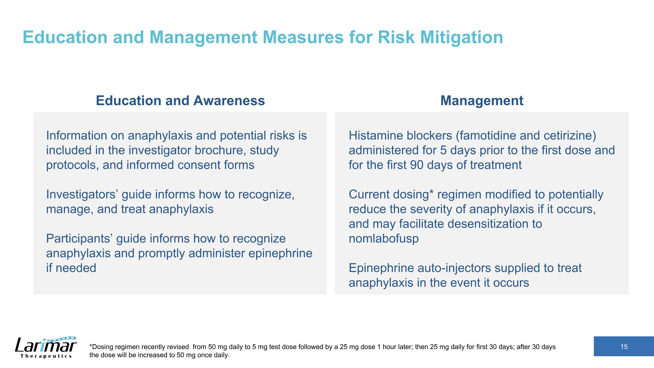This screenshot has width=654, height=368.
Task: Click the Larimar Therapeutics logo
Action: click(x=46, y=347)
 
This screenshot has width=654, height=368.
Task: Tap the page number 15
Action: click(x=624, y=347)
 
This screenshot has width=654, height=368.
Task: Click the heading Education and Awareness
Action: click(x=180, y=101)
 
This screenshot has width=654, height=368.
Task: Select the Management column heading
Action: click(x=482, y=101)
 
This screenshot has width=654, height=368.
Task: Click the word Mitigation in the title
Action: click(x=461, y=37)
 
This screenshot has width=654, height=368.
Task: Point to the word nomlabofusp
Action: click(x=383, y=239)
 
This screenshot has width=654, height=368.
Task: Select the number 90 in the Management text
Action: click(x=417, y=165)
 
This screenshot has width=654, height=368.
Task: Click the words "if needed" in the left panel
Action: click(x=71, y=268)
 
